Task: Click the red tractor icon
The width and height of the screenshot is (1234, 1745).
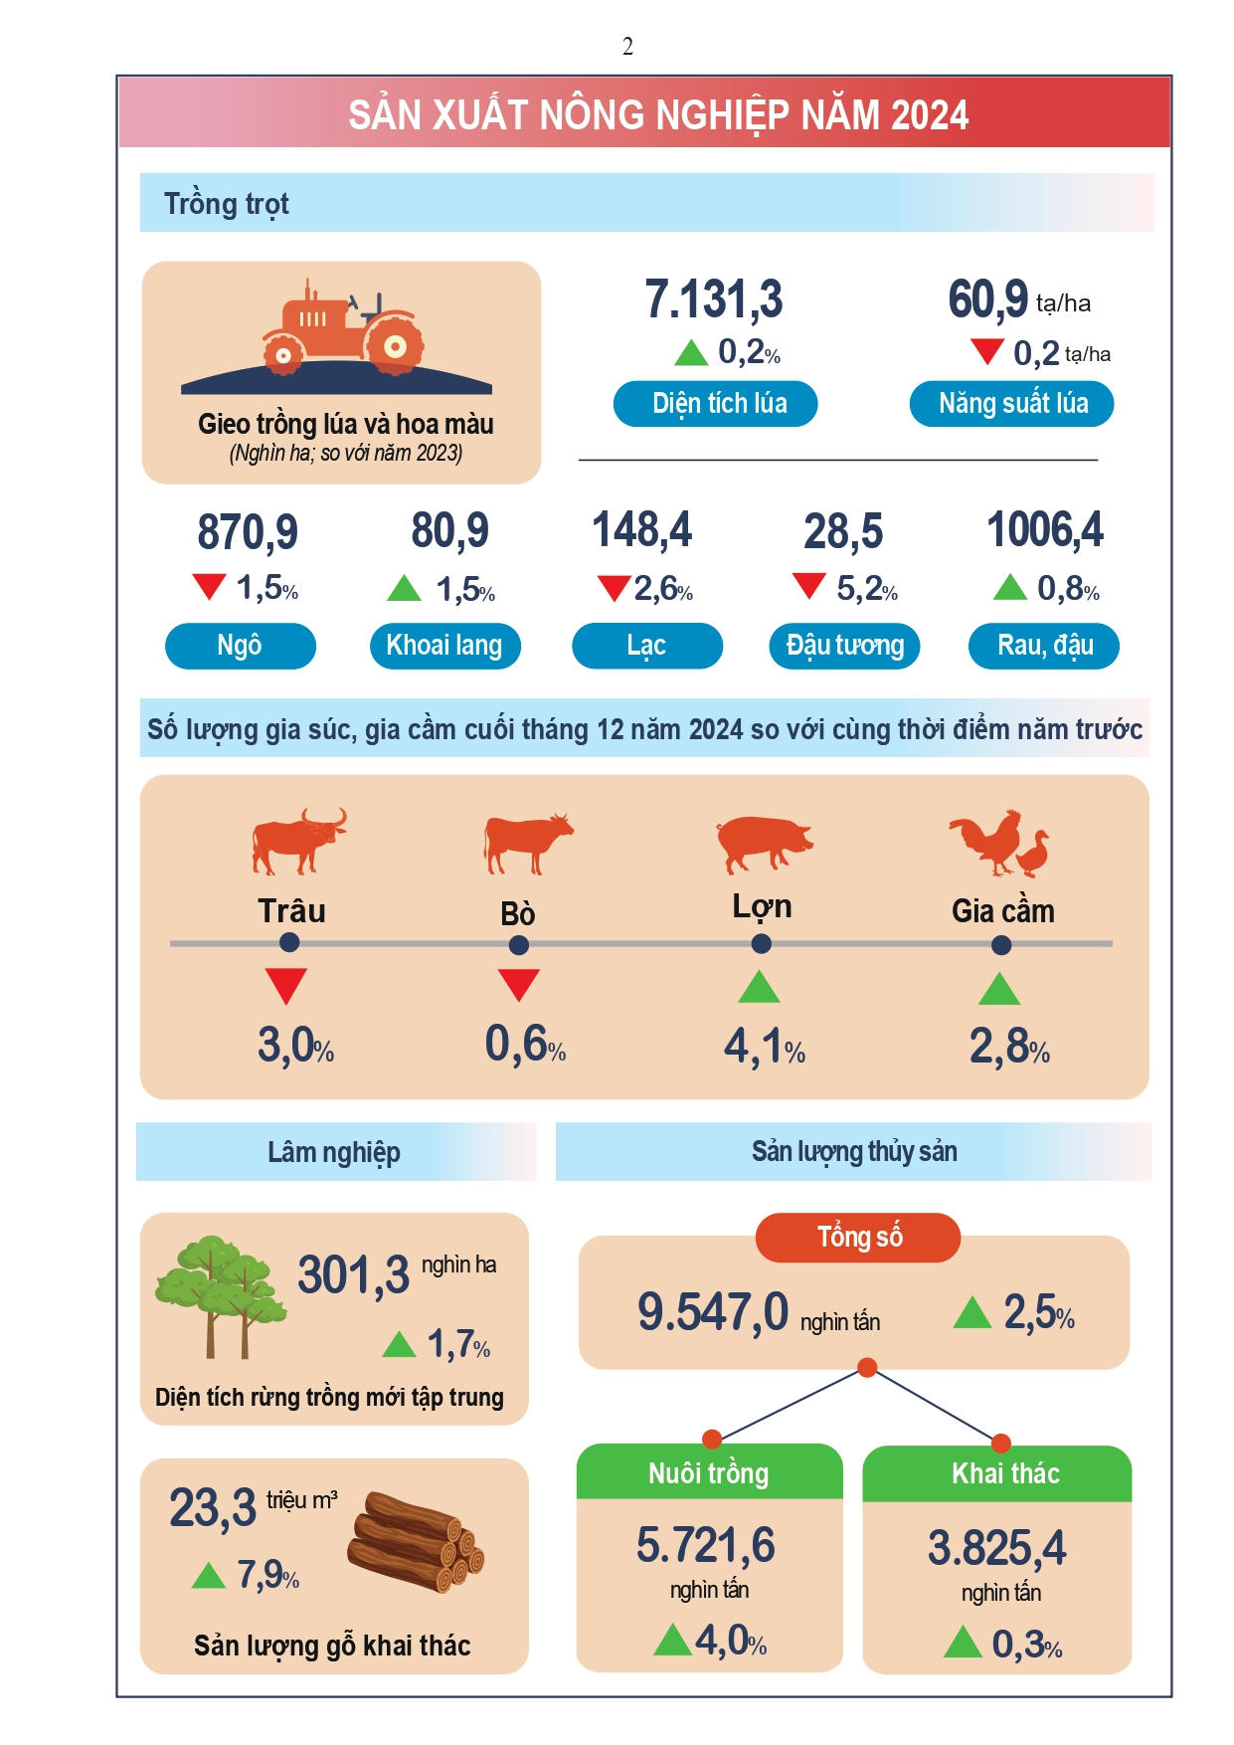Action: pos(343,328)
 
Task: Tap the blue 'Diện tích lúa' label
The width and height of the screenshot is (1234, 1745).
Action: pos(715,403)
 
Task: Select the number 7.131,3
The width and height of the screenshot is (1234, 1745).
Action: pos(714,299)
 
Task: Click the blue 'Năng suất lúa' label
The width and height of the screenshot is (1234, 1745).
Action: pos(1011,403)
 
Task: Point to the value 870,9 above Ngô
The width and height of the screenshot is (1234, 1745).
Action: pos(248,532)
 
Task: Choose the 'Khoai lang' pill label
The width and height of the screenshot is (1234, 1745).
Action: pos(444,646)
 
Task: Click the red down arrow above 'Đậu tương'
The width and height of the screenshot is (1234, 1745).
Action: pos(809,586)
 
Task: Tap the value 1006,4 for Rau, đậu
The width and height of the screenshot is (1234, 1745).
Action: pos(1044,530)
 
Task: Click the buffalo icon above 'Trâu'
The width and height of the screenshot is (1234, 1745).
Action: pos(297,841)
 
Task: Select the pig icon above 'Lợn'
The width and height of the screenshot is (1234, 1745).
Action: pos(763,843)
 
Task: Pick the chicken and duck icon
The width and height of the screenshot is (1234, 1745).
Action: pos(999,844)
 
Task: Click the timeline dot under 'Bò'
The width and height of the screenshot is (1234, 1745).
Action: pos(518,945)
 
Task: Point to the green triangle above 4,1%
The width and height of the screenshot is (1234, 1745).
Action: pos(760,987)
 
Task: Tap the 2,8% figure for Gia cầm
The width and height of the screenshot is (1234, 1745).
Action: pos(1009,1047)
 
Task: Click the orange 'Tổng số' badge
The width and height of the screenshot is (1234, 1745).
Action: pos(858,1237)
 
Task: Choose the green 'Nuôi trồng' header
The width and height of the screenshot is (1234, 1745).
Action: pos(709,1472)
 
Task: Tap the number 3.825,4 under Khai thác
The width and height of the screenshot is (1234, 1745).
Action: pos(996,1548)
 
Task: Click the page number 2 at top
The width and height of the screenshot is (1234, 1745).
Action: pos(627,47)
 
